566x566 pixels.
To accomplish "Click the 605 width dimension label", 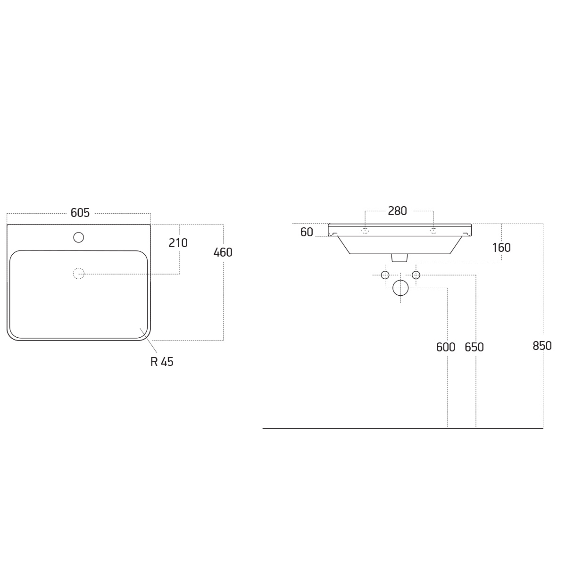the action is pyautogui.click(x=80, y=213).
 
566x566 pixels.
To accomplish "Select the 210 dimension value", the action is pyautogui.click(x=178, y=243).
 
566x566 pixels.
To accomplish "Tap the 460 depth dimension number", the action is pyautogui.click(x=223, y=253).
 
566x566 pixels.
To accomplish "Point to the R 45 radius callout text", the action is pyautogui.click(x=162, y=362).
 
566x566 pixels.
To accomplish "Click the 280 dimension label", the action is pyautogui.click(x=398, y=211).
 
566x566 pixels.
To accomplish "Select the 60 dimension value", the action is pyautogui.click(x=307, y=233).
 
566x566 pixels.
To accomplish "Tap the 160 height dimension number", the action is pyautogui.click(x=501, y=248).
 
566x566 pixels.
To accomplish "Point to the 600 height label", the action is pyautogui.click(x=446, y=348).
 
